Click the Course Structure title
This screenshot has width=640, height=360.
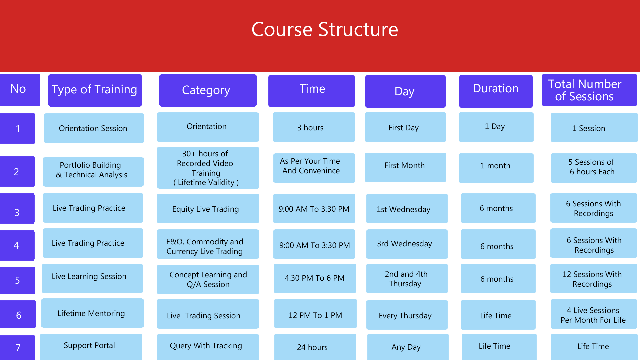(325, 29)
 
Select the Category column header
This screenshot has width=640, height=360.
(208, 90)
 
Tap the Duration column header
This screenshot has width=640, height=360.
(496, 91)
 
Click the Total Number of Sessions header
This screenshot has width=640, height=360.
(589, 90)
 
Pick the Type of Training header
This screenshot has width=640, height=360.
(95, 90)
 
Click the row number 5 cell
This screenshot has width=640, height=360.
(18, 280)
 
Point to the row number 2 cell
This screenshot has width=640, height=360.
(17, 171)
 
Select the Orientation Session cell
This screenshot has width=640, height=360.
(94, 128)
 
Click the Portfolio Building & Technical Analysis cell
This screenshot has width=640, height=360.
(93, 172)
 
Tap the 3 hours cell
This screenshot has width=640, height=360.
(314, 127)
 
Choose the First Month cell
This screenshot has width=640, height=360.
(405, 167)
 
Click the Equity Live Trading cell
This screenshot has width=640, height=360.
(208, 208)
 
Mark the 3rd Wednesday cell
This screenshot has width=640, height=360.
(407, 244)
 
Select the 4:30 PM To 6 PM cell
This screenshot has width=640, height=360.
(315, 278)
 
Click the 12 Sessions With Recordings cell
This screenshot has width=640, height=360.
(594, 278)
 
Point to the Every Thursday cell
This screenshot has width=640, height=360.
(407, 315)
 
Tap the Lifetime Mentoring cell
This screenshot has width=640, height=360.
(92, 313)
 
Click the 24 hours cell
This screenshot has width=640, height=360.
(315, 347)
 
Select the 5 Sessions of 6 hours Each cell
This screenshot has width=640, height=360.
(594, 168)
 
